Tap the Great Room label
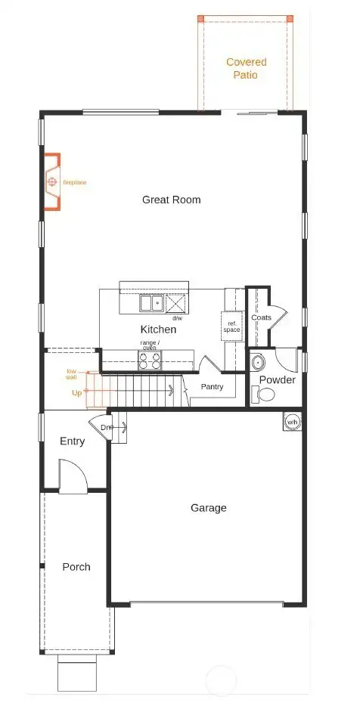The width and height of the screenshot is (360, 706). [172, 200]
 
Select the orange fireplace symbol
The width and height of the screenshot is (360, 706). [51, 182]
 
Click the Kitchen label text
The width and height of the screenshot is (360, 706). [158, 330]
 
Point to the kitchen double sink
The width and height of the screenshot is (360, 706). [151, 303]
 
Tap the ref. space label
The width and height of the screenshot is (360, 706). [231, 327]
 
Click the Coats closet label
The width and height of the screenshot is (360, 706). [261, 317]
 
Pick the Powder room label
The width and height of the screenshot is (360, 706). [277, 379]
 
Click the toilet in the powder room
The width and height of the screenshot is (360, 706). [265, 395]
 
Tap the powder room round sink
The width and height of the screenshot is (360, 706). [259, 361]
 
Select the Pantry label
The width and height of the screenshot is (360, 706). [211, 386]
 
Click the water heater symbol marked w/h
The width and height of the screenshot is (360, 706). [291, 422]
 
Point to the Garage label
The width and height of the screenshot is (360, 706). [208, 508]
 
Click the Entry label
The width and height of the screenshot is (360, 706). [72, 441]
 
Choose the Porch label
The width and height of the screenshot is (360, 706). [76, 566]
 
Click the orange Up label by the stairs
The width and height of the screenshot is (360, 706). [76, 393]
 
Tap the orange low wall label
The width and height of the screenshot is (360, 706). [71, 374]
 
